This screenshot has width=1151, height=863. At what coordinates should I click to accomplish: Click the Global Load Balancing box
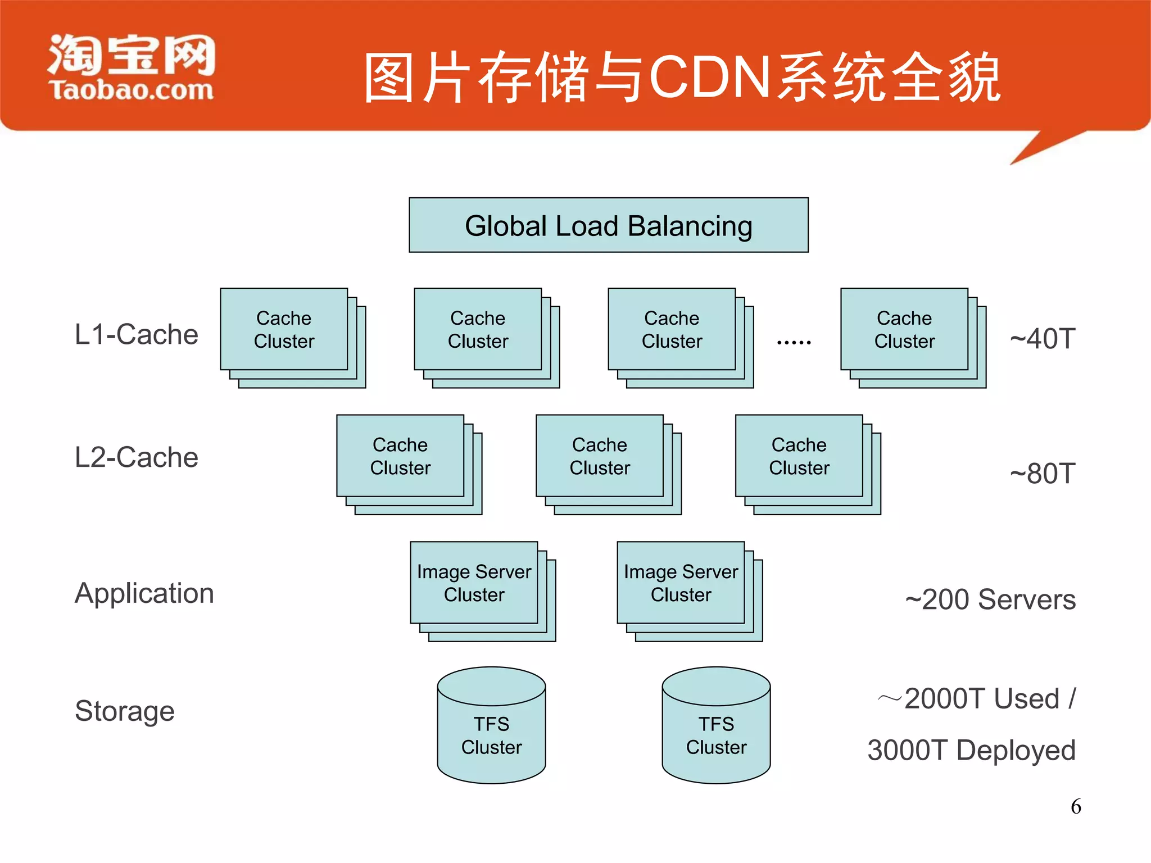click(x=608, y=225)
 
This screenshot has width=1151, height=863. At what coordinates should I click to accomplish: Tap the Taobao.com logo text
click(x=131, y=90)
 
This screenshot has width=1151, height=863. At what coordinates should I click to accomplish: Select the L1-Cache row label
click(x=136, y=334)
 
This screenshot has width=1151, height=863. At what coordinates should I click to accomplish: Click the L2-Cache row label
click(x=136, y=457)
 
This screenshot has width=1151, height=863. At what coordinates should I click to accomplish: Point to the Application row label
click(x=144, y=593)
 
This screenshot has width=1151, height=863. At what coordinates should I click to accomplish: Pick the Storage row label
click(x=124, y=711)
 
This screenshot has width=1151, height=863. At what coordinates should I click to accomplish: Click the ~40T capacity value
click(x=1042, y=339)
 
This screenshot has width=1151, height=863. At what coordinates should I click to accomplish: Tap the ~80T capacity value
click(x=1042, y=474)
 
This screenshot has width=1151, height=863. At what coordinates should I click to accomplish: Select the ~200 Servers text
click(x=990, y=599)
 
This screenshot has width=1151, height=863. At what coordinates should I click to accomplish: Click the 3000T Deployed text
click(x=971, y=750)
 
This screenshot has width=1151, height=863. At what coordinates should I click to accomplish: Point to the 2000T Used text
click(x=981, y=699)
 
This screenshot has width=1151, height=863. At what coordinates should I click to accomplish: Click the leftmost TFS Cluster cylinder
click(x=491, y=730)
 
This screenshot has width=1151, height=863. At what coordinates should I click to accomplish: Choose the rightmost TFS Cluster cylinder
click(x=716, y=730)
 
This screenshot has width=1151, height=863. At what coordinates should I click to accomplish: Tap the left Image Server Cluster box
click(x=474, y=583)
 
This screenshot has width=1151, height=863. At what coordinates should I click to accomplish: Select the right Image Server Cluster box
click(x=681, y=583)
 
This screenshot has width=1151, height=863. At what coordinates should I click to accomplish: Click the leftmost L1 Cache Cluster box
click(x=284, y=330)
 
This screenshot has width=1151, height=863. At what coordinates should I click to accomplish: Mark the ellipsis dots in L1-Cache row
click(x=794, y=342)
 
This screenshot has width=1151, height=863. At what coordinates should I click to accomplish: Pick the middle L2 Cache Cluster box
click(x=600, y=456)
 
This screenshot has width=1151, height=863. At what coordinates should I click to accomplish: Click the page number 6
click(x=1076, y=807)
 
